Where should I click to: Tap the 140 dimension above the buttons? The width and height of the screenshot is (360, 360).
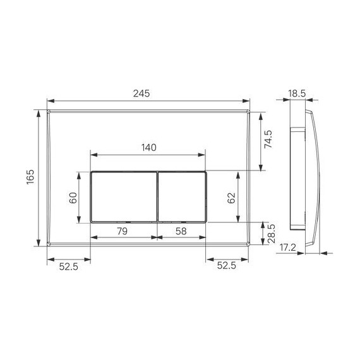[x=148, y=147]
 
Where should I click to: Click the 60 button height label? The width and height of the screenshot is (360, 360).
[x=73, y=196]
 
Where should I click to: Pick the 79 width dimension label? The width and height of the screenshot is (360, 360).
[x=123, y=232]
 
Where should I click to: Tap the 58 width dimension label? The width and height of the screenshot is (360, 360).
[x=180, y=232]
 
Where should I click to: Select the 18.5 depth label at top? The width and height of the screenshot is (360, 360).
[x=297, y=93]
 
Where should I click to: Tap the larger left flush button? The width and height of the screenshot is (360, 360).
[x=124, y=196]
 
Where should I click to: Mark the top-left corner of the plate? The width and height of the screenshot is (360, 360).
[x=49, y=112]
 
